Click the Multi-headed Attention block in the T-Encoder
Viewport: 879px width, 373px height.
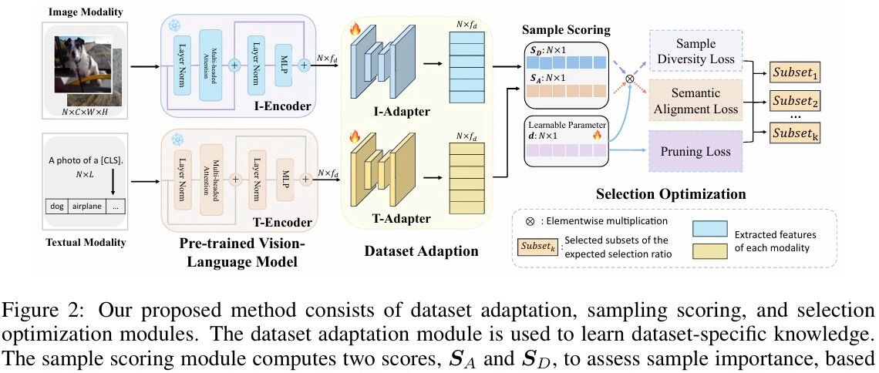click(210, 179)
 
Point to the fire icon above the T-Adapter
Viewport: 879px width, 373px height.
click(355, 136)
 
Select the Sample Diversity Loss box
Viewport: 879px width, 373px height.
click(695, 52)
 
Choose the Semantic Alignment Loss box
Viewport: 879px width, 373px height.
click(695, 101)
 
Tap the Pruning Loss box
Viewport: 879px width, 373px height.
click(695, 150)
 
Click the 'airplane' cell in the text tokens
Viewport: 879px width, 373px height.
click(87, 206)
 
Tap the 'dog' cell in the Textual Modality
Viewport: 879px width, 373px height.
click(56, 206)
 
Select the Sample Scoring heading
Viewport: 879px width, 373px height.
click(566, 29)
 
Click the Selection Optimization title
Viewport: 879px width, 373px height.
click(671, 193)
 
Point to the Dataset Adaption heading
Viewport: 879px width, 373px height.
click(422, 250)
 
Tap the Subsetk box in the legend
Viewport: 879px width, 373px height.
click(537, 244)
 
